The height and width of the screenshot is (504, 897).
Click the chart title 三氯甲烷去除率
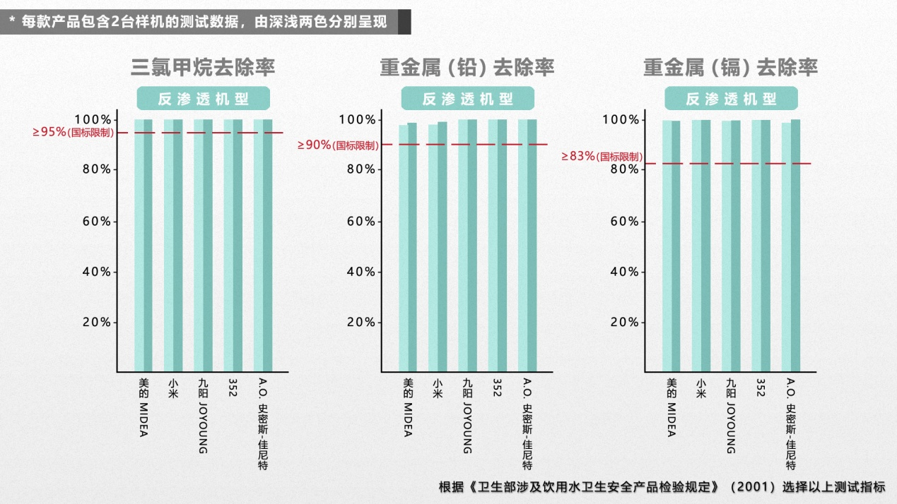pyautogui.click(x=203, y=67)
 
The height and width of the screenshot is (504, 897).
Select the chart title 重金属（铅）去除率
pyautogui.click(x=467, y=67)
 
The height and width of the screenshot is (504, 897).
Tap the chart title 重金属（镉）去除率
pyautogui.click(x=730, y=67)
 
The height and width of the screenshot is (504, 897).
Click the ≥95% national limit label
pyautogui.click(x=72, y=132)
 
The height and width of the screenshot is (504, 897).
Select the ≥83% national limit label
pyautogui.click(x=602, y=156)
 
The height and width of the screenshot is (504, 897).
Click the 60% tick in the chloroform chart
pyautogui.click(x=93, y=221)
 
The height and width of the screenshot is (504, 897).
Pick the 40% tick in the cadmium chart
pyautogui.click(x=624, y=272)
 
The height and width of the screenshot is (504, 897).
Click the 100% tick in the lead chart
pyautogui.click(x=357, y=120)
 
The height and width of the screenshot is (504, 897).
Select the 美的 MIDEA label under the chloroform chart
pyautogui.click(x=143, y=407)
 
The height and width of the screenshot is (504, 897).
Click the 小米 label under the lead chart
pyautogui.click(x=438, y=389)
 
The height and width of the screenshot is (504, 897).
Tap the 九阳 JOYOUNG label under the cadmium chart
pyautogui.click(x=731, y=416)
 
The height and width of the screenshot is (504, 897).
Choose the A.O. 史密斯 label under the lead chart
pyautogui.click(x=527, y=424)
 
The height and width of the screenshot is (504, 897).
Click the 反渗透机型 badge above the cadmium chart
pyautogui.click(x=731, y=99)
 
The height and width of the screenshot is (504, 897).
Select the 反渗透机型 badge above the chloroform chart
pyautogui.click(x=203, y=99)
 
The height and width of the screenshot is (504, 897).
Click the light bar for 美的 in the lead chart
pyautogui.click(x=403, y=247)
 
